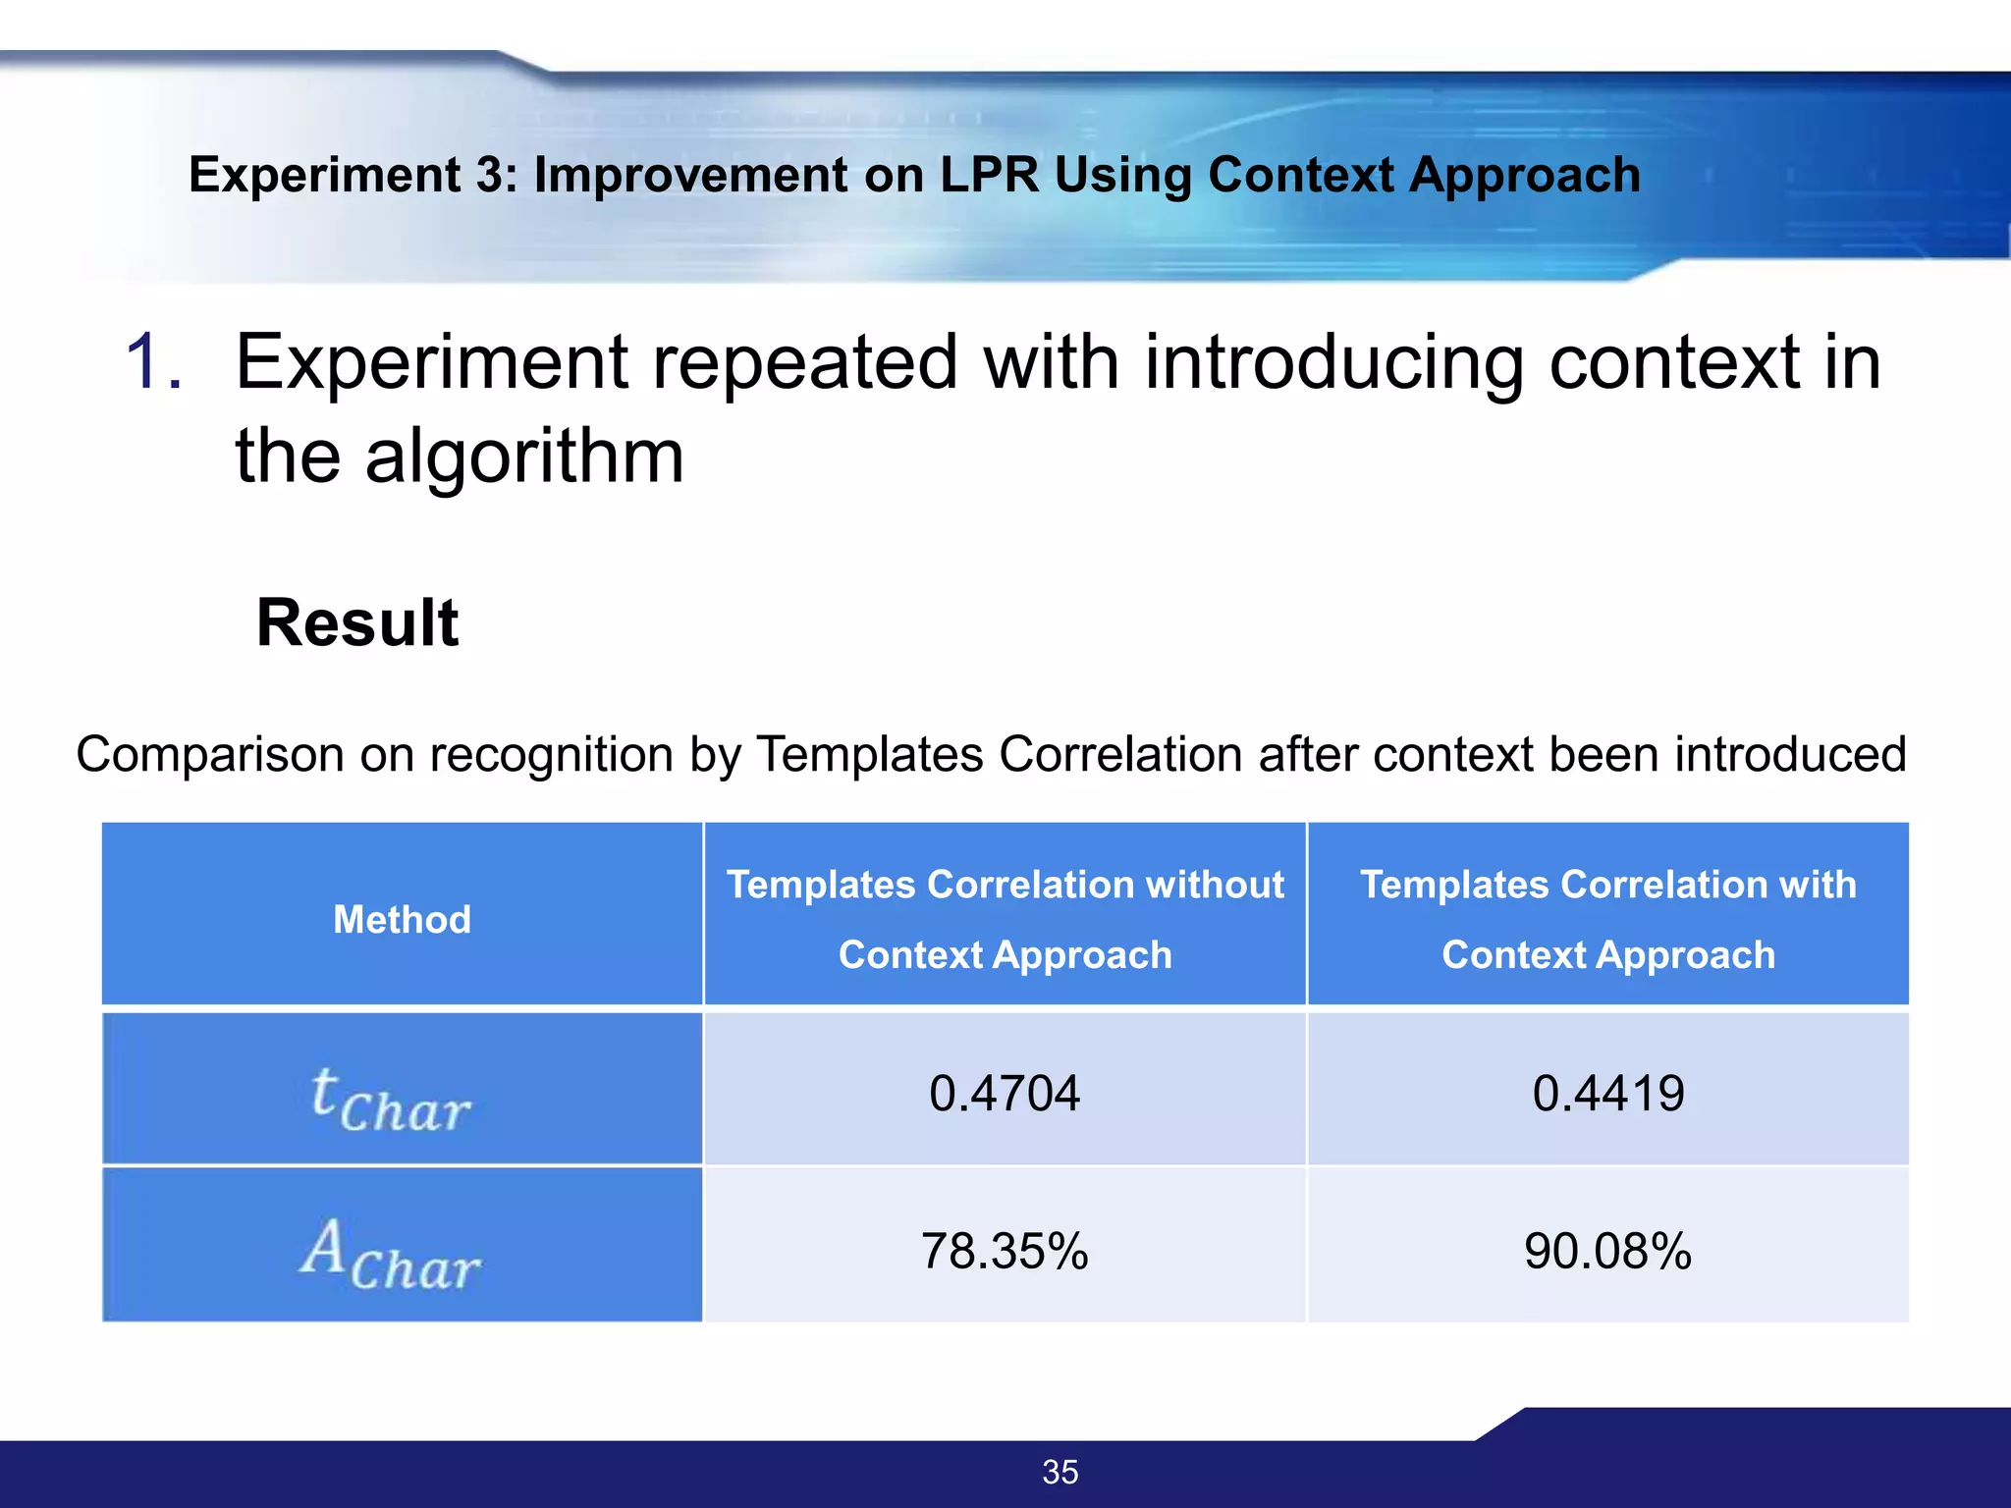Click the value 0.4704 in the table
click(1005, 1093)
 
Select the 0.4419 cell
click(1608, 1093)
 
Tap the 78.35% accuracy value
click(1005, 1251)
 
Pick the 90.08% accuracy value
click(1608, 1251)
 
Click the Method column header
click(402, 920)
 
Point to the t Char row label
click(391, 1100)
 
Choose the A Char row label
click(391, 1255)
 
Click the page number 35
click(1060, 1472)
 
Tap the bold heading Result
click(357, 622)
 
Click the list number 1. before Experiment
click(154, 361)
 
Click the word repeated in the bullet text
click(805, 361)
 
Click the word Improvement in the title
click(690, 175)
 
